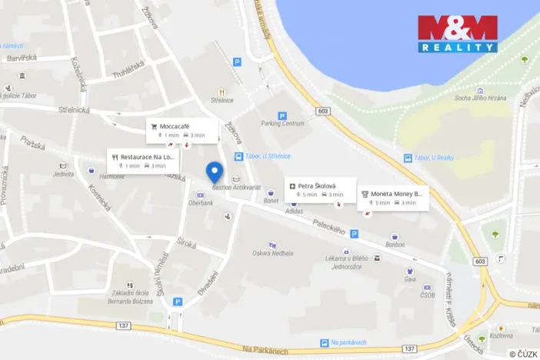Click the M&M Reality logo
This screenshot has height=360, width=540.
[x=457, y=34]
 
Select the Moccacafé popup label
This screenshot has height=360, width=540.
[x=182, y=130]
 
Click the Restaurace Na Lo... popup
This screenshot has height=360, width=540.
[x=143, y=161]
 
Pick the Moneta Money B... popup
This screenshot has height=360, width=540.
[x=392, y=198]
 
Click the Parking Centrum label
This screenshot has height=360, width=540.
[x=282, y=123]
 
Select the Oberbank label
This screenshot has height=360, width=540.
[x=200, y=203]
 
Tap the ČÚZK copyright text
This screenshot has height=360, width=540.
[x=523, y=353]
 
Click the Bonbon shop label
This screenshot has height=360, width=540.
[x=395, y=244]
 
